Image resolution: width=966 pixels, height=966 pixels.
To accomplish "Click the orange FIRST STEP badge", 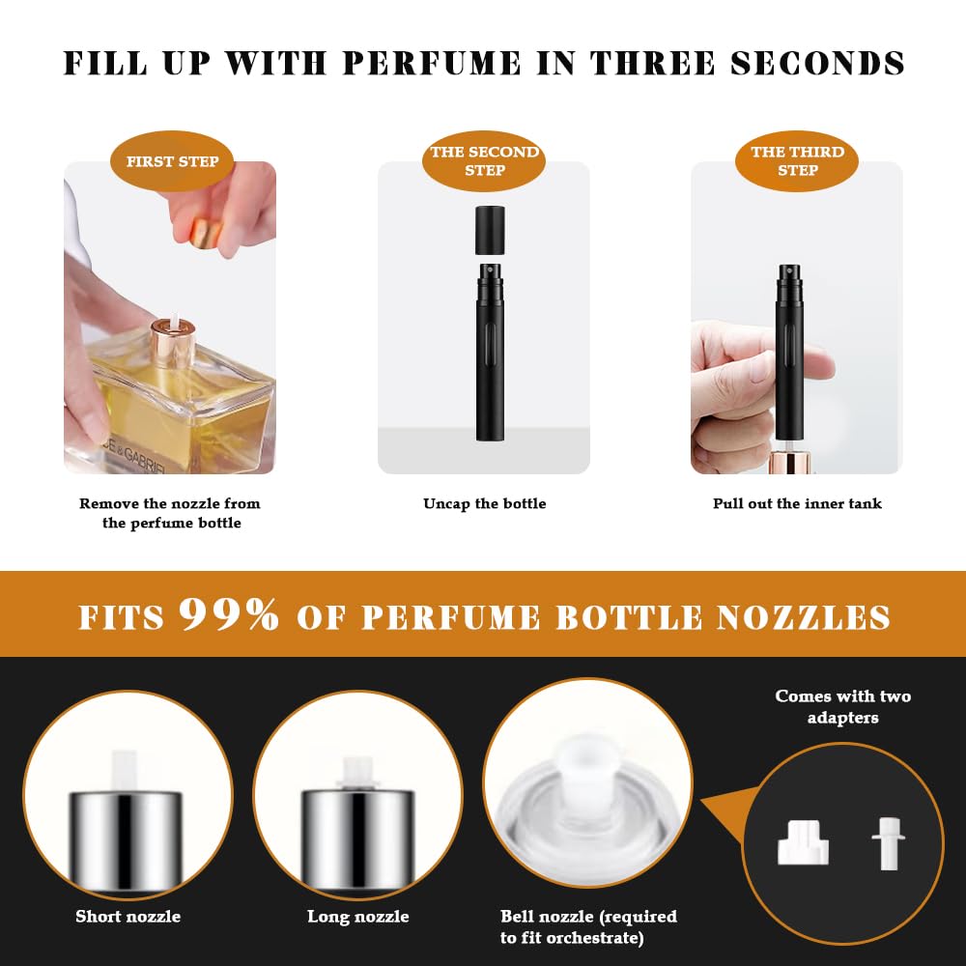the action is [x=172, y=161].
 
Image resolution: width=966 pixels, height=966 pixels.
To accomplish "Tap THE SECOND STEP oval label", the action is [x=484, y=161].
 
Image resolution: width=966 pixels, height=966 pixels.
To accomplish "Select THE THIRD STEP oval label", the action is [x=797, y=161].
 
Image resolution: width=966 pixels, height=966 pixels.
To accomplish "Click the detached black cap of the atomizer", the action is [x=491, y=231].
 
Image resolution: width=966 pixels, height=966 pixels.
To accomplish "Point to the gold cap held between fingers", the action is [x=206, y=233].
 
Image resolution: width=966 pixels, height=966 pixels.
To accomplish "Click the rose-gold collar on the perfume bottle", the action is [x=173, y=343].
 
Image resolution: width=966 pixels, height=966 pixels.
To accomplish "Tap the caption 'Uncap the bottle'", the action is [x=484, y=504].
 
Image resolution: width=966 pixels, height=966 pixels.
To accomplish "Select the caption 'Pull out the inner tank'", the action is [x=797, y=504].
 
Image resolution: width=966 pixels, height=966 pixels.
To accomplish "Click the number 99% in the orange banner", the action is [x=229, y=614].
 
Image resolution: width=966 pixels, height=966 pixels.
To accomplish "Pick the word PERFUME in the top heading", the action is [x=432, y=64].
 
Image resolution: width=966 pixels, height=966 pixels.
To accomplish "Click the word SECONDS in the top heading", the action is [x=817, y=64].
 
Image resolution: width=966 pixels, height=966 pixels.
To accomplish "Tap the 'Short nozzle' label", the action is [x=128, y=916].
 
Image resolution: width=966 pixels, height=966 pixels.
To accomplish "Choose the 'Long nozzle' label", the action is [x=358, y=916].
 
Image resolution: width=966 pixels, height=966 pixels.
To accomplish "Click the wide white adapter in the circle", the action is [x=803, y=842].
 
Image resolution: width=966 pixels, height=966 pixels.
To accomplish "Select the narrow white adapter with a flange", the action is [x=889, y=843].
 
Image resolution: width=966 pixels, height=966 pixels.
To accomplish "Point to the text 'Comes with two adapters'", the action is [x=842, y=707].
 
